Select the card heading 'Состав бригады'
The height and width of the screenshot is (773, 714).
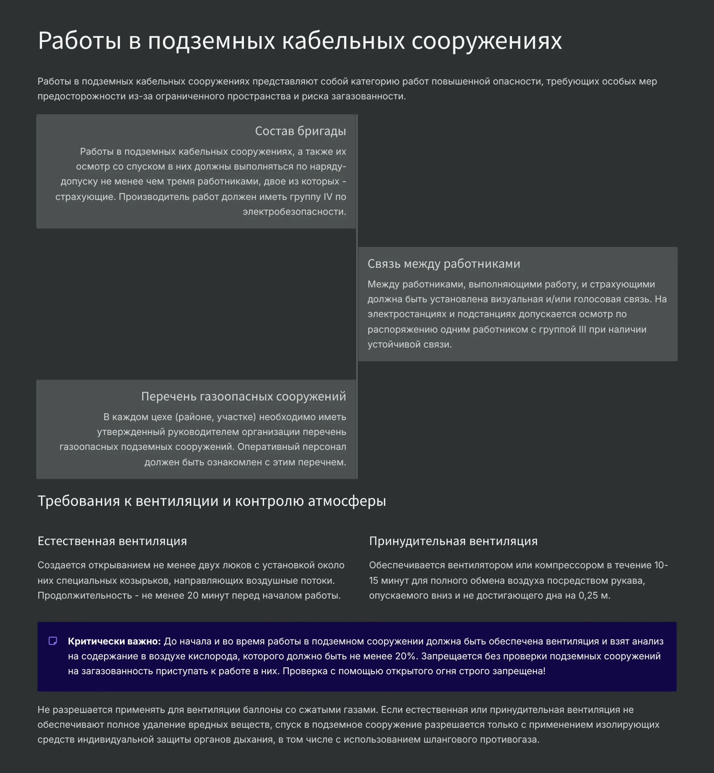tap(300, 131)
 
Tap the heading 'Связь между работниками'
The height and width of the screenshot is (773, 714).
tap(443, 264)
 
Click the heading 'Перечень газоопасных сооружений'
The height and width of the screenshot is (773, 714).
tap(243, 396)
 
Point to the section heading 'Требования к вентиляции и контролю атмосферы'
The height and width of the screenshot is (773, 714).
tap(212, 501)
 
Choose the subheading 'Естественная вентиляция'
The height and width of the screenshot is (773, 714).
tap(112, 541)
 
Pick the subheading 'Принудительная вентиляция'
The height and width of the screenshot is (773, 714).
tap(453, 541)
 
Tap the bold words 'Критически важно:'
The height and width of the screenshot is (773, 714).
tap(114, 641)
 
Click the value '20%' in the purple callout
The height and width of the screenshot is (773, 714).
tap(406, 656)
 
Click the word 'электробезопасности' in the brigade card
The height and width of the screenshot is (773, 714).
tap(294, 212)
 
